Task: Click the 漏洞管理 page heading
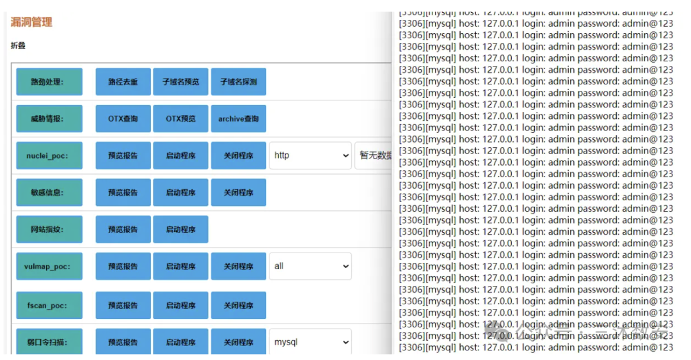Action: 31,22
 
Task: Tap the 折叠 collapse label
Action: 18,46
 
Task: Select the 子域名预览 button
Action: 180,82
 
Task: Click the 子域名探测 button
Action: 238,82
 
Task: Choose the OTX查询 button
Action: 123,119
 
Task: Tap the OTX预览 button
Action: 180,119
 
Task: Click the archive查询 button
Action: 238,119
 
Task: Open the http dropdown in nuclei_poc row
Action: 310,155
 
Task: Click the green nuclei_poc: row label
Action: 49,155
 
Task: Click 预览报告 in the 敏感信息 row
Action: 123,192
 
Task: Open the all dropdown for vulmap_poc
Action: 310,266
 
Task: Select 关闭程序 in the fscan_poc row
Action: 238,306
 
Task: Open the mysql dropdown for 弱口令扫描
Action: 310,342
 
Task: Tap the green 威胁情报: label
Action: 49,119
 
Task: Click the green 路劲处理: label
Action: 49,82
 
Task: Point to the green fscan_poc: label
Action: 49,306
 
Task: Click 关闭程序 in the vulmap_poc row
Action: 238,266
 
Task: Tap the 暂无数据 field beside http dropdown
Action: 374,155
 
